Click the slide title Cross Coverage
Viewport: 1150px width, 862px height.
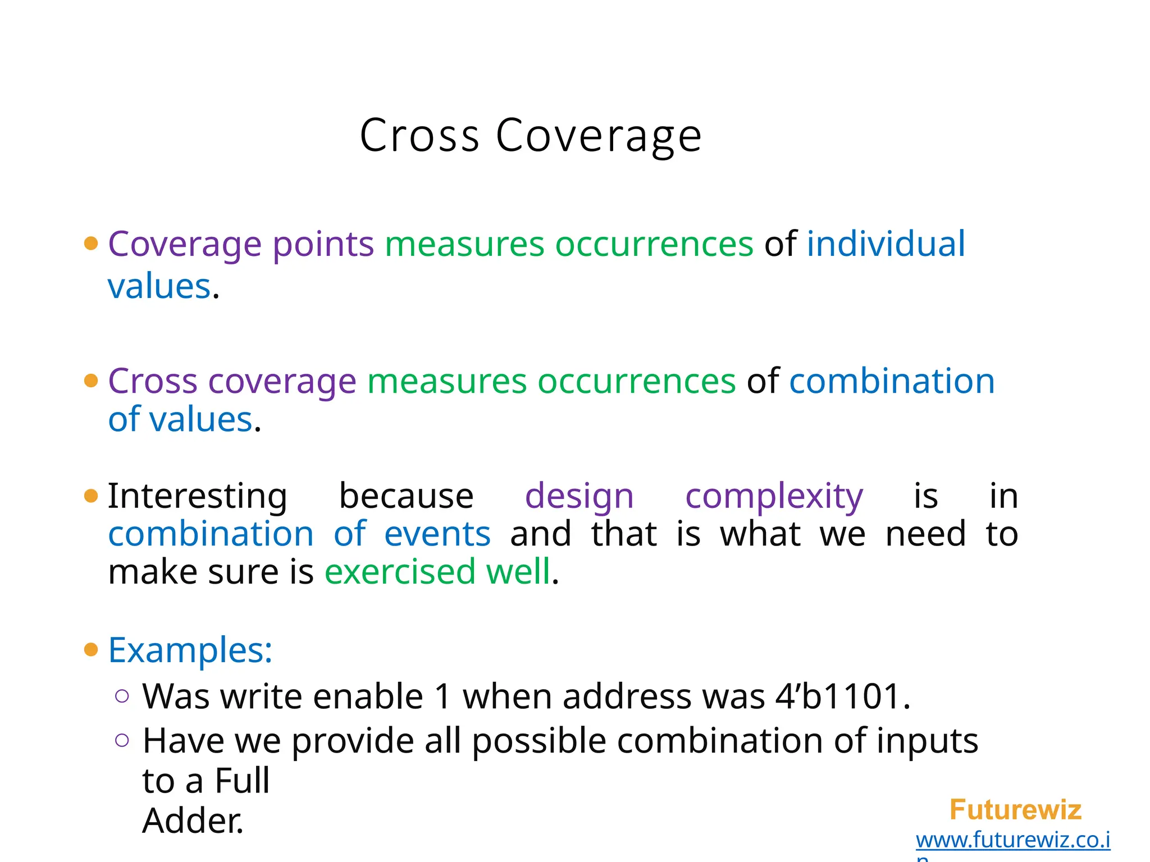[530, 136]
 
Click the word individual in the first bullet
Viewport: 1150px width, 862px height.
[886, 244]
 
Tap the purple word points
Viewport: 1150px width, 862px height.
[323, 245]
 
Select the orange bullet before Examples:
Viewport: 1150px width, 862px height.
[91, 650]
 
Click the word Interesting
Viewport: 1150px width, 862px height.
[197, 497]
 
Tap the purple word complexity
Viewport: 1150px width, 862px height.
[774, 497]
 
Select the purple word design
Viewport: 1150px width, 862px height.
[579, 497]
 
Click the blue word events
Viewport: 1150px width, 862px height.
[437, 534]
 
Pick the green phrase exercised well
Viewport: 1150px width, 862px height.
[437, 572]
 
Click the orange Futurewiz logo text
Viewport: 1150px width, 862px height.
[1015, 810]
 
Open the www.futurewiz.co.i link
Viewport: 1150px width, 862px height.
[1012, 840]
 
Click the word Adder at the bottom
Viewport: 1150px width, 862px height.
[192, 821]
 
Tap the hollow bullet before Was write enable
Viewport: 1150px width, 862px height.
[122, 696]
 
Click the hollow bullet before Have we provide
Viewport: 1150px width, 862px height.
[122, 741]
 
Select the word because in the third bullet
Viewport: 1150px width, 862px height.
[406, 497]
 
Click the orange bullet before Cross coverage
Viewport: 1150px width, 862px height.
[91, 381]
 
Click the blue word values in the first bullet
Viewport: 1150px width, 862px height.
[159, 287]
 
